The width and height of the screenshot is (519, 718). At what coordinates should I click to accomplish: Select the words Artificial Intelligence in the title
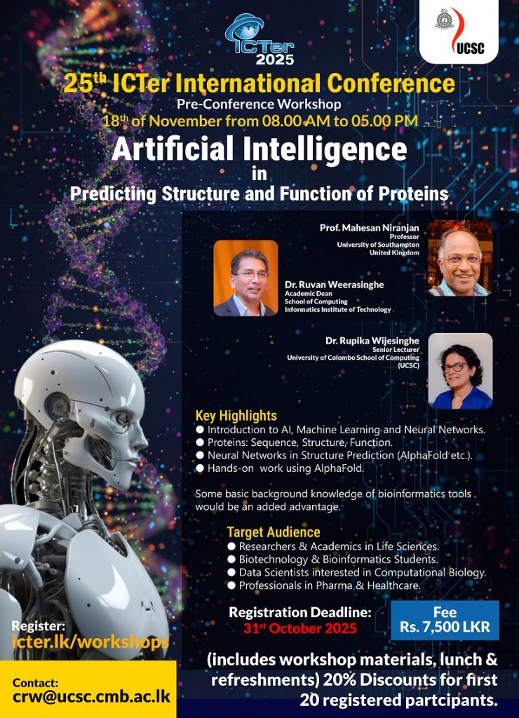click(x=259, y=149)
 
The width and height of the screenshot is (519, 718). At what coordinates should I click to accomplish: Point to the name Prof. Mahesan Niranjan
click(x=369, y=228)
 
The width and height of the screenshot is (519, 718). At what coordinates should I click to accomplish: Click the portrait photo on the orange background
click(x=245, y=278)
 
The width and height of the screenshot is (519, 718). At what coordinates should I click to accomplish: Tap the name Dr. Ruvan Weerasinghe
click(x=335, y=285)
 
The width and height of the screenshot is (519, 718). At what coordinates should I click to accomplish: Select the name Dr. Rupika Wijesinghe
click(x=372, y=341)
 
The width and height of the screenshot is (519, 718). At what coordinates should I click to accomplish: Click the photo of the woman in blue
click(x=460, y=370)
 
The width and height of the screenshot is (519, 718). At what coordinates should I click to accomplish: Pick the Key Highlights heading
click(x=236, y=416)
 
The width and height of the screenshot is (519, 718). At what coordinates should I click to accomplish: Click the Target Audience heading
click(x=274, y=532)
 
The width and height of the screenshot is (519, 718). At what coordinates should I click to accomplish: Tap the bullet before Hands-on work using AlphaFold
click(x=200, y=468)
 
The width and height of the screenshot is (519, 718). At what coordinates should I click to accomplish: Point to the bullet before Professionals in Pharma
click(x=231, y=585)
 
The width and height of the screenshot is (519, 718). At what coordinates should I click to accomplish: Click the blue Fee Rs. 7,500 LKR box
click(x=445, y=620)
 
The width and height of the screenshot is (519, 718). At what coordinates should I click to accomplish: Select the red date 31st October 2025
click(x=300, y=628)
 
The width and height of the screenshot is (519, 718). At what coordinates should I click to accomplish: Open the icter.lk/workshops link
click(x=90, y=642)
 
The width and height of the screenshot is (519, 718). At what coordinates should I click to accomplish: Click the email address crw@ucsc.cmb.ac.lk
click(x=92, y=697)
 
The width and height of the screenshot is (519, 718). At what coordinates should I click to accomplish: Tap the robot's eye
click(x=122, y=418)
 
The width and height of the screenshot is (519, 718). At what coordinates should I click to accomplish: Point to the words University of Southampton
click(x=378, y=245)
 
